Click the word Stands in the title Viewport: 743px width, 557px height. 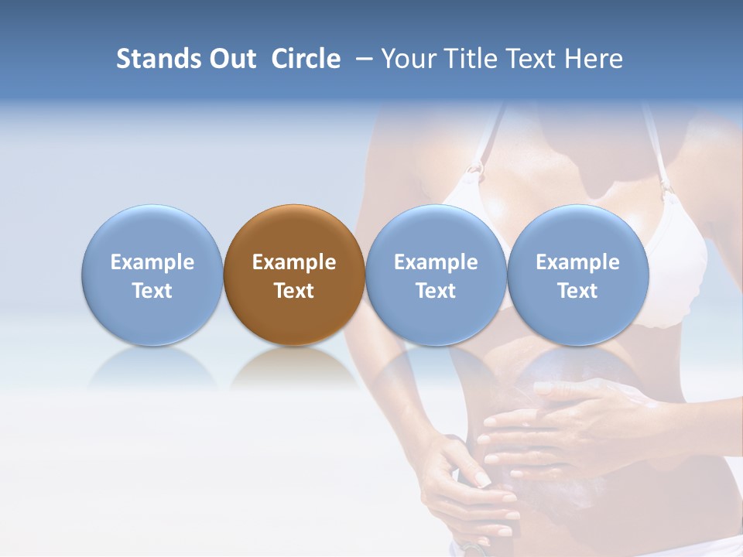[x=157, y=59]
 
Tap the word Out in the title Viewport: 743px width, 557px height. [x=231, y=59]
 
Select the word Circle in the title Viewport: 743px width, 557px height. [x=306, y=59]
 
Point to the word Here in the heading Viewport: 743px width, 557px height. [x=594, y=59]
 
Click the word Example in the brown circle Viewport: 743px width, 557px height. [x=294, y=262]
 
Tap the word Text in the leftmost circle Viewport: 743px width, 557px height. [x=152, y=291]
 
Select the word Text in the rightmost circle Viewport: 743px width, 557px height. [x=577, y=291]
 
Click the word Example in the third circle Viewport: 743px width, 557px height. [x=436, y=262]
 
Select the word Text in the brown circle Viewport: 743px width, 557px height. [x=294, y=291]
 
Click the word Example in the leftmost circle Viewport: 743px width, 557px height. [x=152, y=262]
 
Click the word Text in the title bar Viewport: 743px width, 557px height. [x=536, y=59]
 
